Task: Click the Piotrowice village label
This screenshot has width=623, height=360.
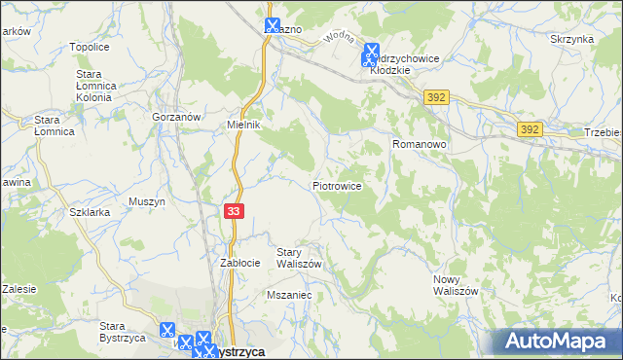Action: [x=338, y=185]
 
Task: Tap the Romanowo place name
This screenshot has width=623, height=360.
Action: [x=419, y=144]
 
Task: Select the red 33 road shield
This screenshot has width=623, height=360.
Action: [x=234, y=210]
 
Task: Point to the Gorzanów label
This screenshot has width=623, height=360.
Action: [x=176, y=116]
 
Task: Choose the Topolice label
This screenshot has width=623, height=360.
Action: [x=89, y=47]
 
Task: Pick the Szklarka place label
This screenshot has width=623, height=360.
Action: [x=89, y=211]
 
